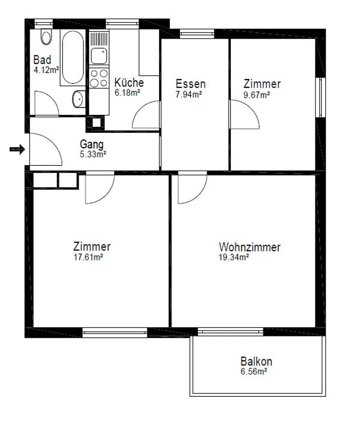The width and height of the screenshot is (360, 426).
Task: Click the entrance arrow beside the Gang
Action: point(18,149)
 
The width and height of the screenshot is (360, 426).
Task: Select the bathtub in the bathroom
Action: point(73,58)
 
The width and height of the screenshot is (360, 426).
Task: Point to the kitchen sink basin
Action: point(99,56)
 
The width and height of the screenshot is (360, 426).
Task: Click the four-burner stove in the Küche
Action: point(99,78)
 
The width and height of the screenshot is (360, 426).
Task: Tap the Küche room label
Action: point(129,82)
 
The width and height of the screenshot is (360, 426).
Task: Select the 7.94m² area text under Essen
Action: point(189,95)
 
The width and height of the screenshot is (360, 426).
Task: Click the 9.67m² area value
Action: point(256,95)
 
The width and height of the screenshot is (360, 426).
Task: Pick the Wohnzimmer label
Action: point(249,247)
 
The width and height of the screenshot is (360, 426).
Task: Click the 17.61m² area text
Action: point(88,257)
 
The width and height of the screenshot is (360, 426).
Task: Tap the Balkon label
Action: point(256,361)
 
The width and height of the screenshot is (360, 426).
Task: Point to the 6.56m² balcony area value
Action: point(253,372)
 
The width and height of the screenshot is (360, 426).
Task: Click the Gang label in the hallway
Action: point(92,145)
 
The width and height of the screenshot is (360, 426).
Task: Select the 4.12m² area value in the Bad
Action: point(46,70)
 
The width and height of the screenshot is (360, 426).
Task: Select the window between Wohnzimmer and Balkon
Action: point(230,331)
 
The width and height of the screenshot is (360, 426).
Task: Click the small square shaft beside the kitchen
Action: point(96,122)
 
